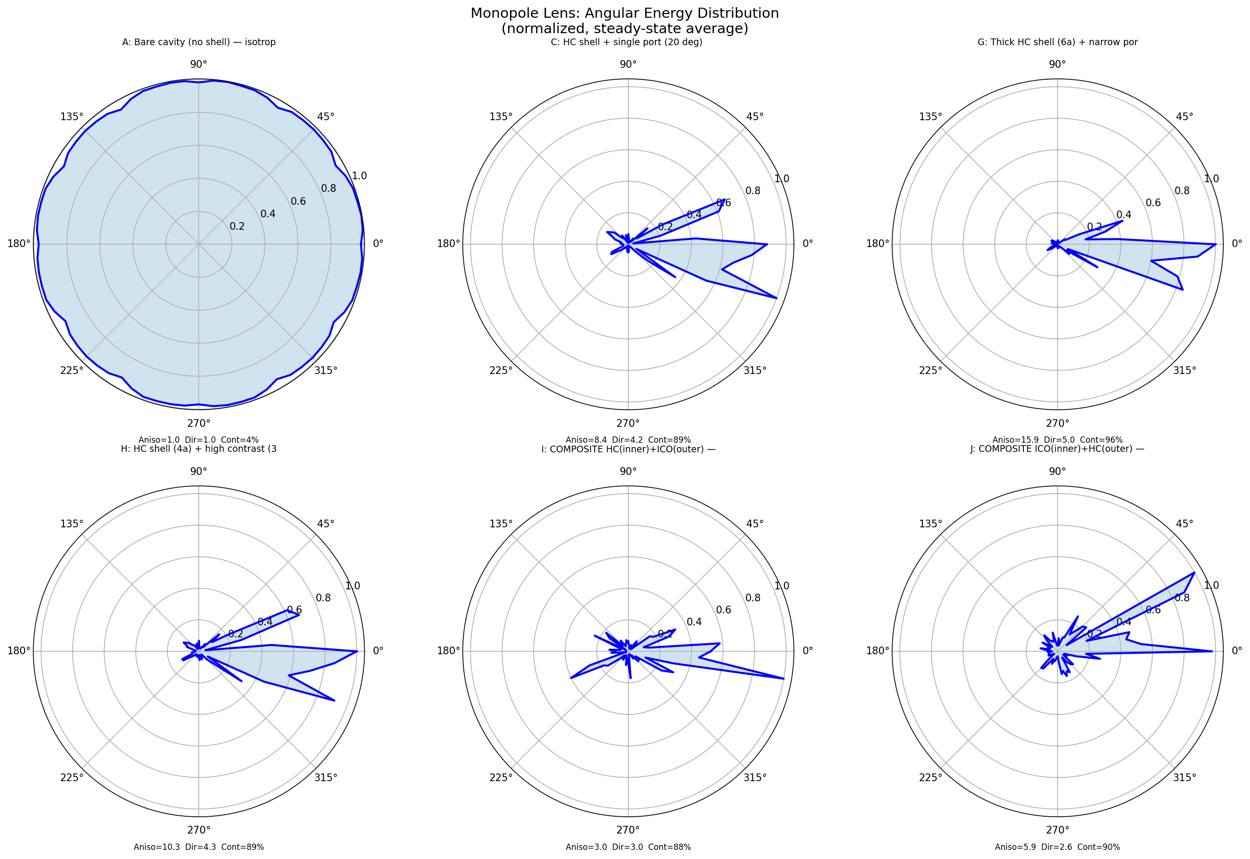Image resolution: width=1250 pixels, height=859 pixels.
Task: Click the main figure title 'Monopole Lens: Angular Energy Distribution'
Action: [x=624, y=13]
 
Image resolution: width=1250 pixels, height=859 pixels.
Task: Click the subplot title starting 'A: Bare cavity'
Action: [x=199, y=42]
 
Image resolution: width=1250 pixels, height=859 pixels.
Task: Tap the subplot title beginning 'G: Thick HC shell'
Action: [x=1057, y=42]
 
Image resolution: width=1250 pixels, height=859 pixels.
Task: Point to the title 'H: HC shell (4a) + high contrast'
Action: [x=199, y=449]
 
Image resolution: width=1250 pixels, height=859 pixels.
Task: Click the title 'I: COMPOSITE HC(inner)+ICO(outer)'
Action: [x=628, y=449]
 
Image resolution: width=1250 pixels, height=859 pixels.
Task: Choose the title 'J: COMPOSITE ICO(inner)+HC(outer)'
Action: [x=1057, y=449]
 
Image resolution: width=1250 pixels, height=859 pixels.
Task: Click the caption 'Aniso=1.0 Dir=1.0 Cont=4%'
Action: [x=199, y=440]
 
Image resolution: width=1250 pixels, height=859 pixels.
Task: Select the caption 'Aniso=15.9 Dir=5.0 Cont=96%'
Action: [x=1057, y=440]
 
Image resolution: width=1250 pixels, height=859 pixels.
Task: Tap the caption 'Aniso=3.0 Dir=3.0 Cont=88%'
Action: [x=628, y=847]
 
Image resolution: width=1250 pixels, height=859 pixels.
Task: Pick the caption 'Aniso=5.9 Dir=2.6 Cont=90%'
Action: [x=1057, y=847]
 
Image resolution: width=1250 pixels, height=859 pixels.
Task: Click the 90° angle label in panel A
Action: [x=199, y=64]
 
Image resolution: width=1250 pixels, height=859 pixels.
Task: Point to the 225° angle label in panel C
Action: [x=501, y=370]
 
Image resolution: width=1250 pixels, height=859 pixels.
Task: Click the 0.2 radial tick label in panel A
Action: [x=237, y=226]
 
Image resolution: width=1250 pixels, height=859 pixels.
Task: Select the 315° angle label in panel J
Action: [x=1184, y=777]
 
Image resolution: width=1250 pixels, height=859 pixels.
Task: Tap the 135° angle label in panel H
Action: [x=72, y=523]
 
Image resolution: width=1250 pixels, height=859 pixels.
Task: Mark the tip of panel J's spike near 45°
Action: [x=1195, y=573]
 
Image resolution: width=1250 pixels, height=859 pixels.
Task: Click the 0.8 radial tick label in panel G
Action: [x=1182, y=190]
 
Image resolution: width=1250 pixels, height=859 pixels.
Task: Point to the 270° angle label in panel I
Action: [x=628, y=830]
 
